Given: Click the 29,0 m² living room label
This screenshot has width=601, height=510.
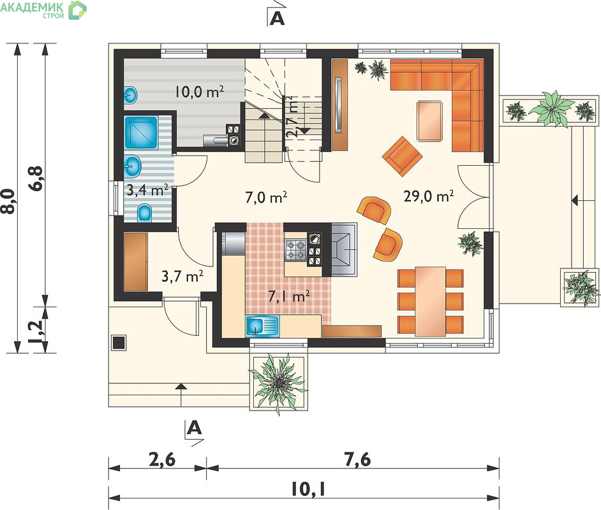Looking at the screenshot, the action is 429,196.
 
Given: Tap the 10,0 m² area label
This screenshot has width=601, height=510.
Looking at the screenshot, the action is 200,92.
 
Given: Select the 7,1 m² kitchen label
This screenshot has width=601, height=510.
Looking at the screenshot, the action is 288,296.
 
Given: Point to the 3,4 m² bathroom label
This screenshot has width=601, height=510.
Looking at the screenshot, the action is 147,189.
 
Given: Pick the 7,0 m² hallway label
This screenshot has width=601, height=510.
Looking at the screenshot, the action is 266,197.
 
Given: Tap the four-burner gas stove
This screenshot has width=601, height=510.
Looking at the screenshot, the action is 295,250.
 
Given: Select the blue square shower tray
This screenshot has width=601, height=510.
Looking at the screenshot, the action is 142,133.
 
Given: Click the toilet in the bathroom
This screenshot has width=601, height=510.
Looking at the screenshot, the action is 144,213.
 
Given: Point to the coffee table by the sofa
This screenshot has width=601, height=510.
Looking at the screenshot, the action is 429,121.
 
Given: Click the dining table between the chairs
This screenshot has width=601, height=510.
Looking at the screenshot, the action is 431,302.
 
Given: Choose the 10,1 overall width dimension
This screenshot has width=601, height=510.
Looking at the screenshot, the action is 308,489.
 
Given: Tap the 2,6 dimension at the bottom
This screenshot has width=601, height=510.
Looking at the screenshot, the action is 162,459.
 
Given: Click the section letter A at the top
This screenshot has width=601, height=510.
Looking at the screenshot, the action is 277,18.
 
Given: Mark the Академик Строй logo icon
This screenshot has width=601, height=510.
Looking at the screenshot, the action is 77,10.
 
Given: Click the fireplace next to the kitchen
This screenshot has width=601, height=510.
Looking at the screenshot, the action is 344,249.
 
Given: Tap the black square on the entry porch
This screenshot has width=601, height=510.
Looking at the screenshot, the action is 118,342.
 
